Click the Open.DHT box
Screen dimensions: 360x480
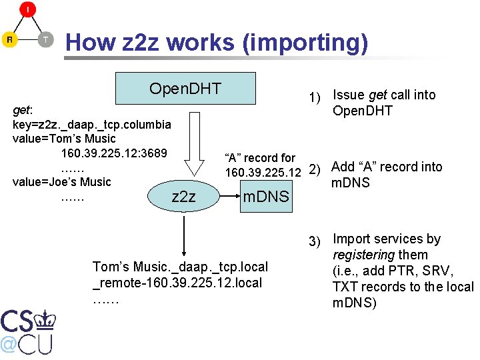[x=185, y=89]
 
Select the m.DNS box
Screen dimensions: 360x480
[x=266, y=197]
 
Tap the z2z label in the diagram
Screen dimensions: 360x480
[x=183, y=197]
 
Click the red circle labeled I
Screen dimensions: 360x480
[x=27, y=9]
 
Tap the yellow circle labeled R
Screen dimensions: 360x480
[x=9, y=39]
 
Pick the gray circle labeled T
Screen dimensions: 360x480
[x=45, y=39]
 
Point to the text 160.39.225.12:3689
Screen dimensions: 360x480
[x=113, y=153]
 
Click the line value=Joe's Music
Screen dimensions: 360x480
[x=62, y=181]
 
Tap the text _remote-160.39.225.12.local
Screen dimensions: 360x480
[x=177, y=283]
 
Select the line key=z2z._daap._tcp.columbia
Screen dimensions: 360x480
[x=92, y=124]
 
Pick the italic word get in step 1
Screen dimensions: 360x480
[x=378, y=95]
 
